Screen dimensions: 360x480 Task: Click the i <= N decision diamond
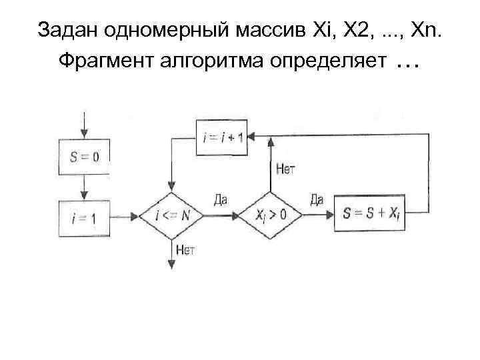[171, 215]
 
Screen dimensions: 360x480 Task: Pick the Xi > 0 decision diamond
[271, 215]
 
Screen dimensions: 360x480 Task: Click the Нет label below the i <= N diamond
[185, 250]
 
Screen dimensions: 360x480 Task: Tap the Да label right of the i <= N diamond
[222, 199]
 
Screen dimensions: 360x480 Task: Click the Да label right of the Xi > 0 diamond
[317, 199]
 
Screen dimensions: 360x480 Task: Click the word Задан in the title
[61, 30]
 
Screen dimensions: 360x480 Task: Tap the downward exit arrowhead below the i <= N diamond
[171, 264]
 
